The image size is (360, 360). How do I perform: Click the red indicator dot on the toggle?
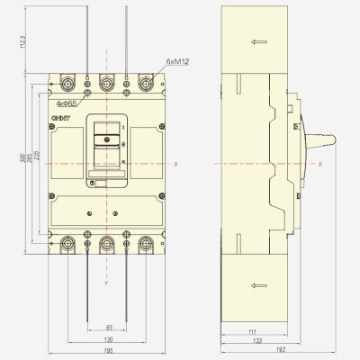[x=107, y=140]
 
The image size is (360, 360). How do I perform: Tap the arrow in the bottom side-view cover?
[x=257, y=285]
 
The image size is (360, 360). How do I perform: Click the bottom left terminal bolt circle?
[x=68, y=240]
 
